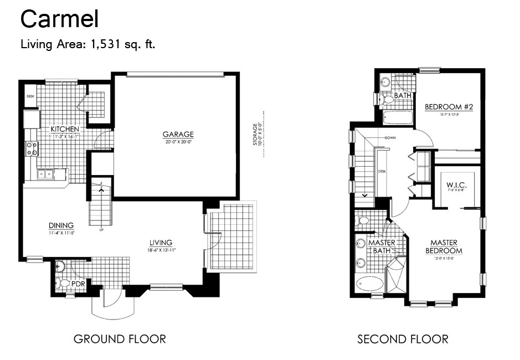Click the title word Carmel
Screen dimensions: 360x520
point(59,19)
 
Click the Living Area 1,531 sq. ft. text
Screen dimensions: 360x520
point(87,44)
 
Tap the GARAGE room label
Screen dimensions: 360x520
point(178,134)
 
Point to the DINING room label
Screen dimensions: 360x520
point(61,225)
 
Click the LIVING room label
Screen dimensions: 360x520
point(161,243)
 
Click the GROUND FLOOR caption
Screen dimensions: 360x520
point(120,338)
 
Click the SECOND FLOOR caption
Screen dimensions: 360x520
point(403,338)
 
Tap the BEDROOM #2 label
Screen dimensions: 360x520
point(449,107)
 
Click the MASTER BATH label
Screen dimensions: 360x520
point(382,246)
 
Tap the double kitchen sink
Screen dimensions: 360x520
point(45,174)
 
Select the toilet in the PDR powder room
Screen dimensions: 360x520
point(65,284)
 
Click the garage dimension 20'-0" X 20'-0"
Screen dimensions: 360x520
point(178,141)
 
